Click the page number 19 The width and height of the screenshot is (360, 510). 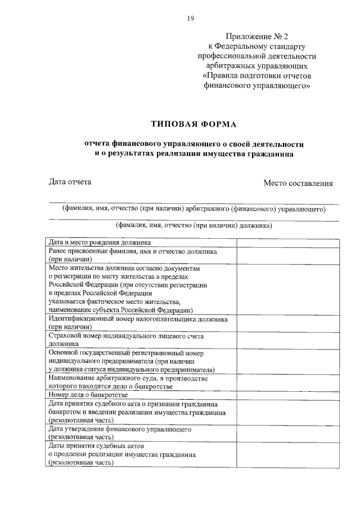(191, 19)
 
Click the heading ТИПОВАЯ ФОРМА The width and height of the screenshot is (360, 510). (194, 123)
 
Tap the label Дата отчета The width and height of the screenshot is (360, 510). (70, 182)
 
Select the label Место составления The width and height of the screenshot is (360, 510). (298, 183)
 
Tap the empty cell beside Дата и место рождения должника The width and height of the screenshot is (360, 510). (287, 243)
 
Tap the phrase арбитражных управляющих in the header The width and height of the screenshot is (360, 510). (256, 66)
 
